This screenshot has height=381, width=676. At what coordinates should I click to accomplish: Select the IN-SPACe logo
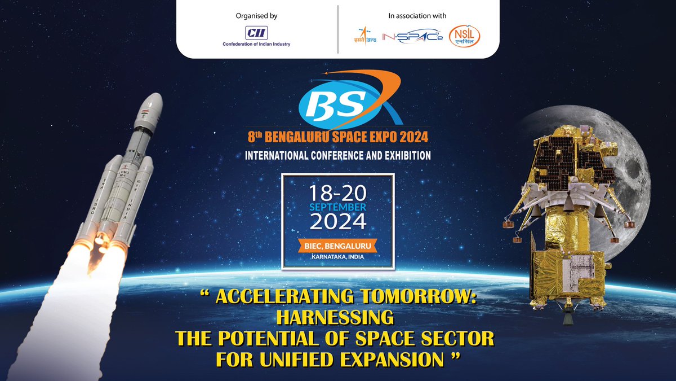[x=412, y=37]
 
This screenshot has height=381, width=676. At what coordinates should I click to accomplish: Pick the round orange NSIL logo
[x=465, y=37]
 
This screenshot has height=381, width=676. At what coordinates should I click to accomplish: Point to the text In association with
[x=417, y=16]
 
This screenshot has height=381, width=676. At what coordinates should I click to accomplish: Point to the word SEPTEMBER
[x=338, y=207]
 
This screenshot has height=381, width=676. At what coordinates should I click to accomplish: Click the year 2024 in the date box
[x=338, y=222]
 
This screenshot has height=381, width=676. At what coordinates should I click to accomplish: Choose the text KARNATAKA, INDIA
[x=338, y=258]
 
